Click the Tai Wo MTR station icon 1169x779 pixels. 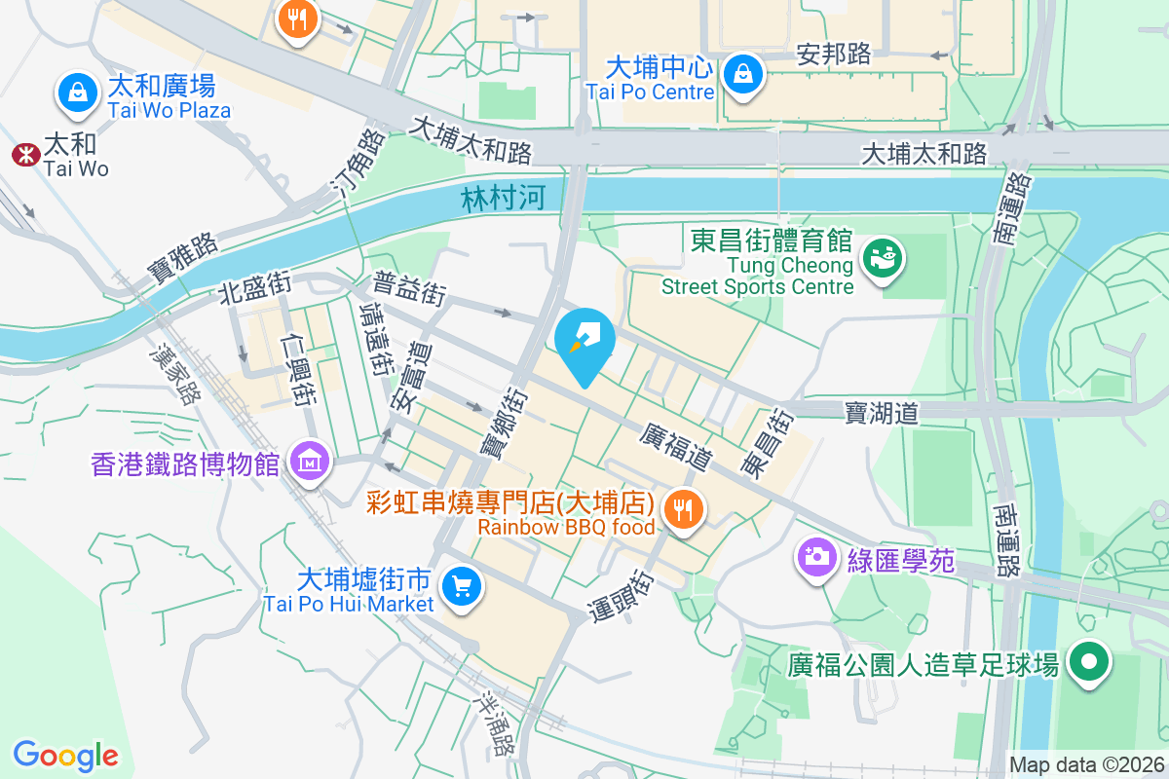(24, 154)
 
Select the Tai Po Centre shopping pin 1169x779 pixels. (743, 74)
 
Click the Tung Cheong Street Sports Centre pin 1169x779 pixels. (886, 260)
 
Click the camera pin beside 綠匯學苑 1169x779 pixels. (815, 558)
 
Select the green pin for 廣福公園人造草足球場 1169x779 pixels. (1089, 664)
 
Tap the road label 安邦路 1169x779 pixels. (833, 54)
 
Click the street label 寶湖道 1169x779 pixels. (882, 414)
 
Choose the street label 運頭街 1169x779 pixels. (622, 594)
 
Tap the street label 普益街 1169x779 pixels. (409, 288)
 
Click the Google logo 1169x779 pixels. (66, 755)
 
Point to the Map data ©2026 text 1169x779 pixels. (1087, 764)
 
